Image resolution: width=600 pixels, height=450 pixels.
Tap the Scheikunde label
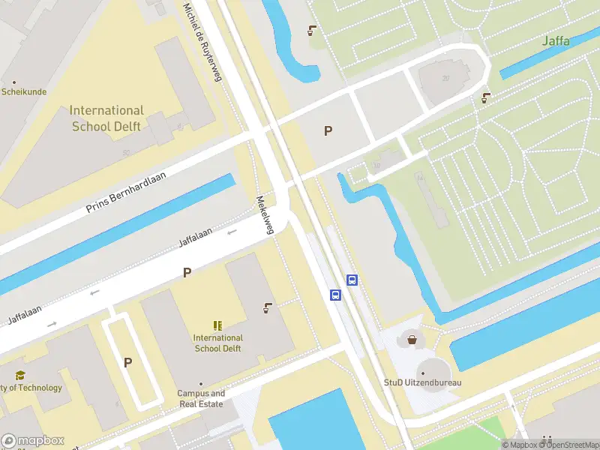coord(24,92)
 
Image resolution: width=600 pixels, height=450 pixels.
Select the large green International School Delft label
coord(107,118)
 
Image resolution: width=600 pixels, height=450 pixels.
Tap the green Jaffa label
coord(556,40)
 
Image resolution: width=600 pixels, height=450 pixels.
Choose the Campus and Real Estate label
coord(201,398)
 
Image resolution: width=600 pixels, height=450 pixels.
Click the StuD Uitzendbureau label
coord(422,382)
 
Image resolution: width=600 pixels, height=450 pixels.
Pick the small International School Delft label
coord(218,343)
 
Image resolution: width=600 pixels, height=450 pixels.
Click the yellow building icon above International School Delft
coord(217,325)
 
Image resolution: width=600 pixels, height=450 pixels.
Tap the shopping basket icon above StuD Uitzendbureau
coord(412,340)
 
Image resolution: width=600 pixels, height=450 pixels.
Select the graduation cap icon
coord(20,375)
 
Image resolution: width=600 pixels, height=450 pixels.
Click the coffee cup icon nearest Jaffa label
coord(487,97)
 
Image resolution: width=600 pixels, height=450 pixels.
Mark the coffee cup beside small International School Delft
coord(268,307)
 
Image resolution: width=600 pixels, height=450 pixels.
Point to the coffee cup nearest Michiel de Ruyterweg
coord(311,31)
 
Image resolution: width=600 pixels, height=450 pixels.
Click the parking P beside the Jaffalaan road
coord(187,273)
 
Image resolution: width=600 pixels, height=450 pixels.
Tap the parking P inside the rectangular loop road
coord(127,362)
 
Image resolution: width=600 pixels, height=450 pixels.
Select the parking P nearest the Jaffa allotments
coord(328,131)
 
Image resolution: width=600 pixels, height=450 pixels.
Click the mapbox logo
coord(33,441)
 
